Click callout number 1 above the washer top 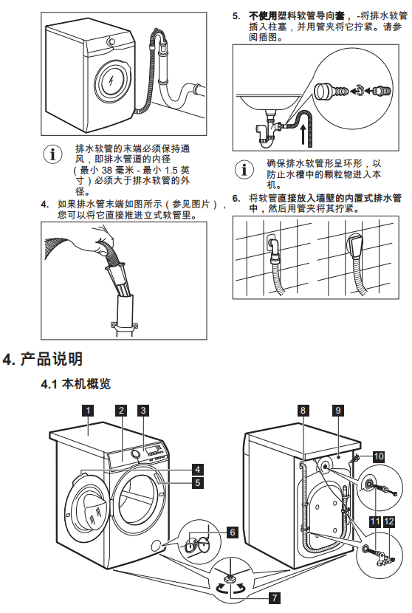(x=89, y=410)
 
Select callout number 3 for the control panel (x=143, y=410)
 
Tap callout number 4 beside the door (x=198, y=469)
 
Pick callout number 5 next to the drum (x=198, y=482)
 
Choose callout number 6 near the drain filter (x=233, y=532)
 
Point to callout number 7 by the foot (x=275, y=597)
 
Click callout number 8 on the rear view (x=303, y=410)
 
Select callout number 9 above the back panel (x=338, y=410)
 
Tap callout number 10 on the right (x=379, y=456)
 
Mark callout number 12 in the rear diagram (x=389, y=521)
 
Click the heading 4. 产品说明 (x=42, y=359)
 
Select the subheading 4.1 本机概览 (x=76, y=384)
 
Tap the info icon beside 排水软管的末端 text (x=52, y=154)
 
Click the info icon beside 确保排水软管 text (x=244, y=169)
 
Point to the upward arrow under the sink (x=303, y=134)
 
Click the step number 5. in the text (x=236, y=16)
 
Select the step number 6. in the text (x=236, y=198)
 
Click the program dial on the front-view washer (x=135, y=454)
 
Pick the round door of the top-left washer (x=111, y=81)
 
